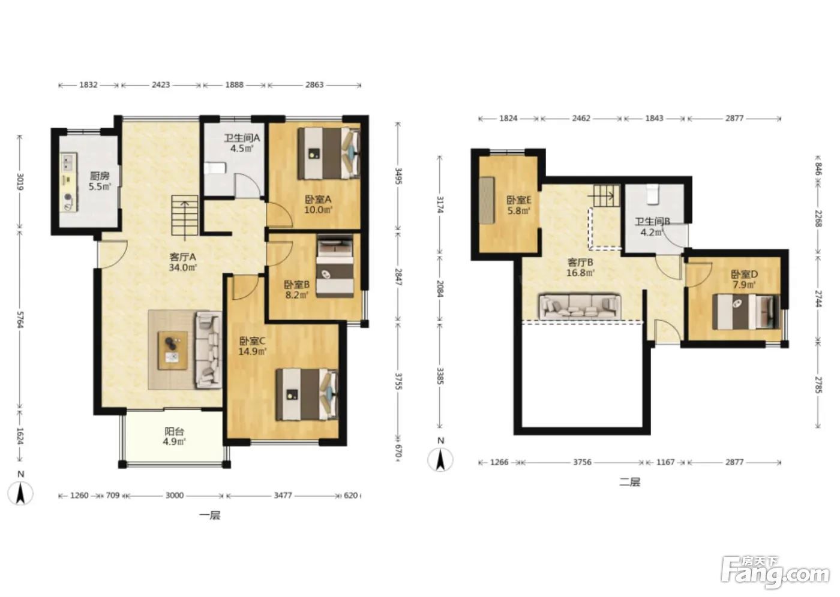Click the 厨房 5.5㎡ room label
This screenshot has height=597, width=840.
100,181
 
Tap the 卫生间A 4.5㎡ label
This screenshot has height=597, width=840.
242,143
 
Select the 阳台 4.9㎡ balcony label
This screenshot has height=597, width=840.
175,436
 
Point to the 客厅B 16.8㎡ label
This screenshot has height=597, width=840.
580,267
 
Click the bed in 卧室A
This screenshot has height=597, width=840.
329,153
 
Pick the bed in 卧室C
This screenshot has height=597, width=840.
307,394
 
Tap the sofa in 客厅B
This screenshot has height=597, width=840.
580,306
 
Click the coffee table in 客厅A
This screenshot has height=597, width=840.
173,351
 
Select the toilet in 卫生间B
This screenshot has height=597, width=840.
653,194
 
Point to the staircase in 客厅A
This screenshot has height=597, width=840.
185,215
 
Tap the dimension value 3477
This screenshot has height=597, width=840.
283,496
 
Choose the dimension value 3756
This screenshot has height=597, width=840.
582,462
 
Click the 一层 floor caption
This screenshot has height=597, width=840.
210,515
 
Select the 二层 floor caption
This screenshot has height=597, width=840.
629,482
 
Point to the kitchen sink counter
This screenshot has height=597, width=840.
69,182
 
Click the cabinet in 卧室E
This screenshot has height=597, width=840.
487,201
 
